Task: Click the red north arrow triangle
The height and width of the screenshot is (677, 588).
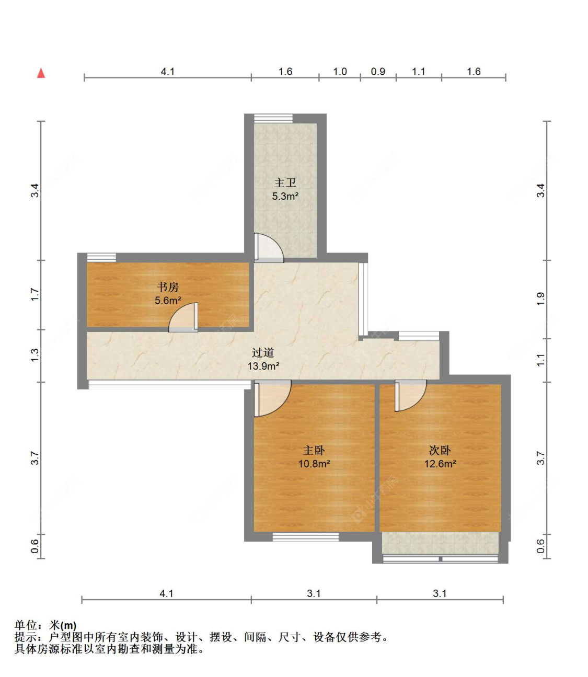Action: point(41,73)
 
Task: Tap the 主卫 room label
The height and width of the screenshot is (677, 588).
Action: point(285,182)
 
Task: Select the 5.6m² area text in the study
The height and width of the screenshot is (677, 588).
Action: point(168,301)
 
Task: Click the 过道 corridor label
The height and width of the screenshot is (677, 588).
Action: point(263,353)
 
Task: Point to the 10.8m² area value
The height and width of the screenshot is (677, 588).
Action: point(314,464)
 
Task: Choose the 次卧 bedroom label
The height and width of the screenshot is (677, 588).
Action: point(440,450)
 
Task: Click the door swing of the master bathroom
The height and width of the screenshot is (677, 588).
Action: point(269,248)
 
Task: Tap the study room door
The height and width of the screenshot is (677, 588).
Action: point(183,317)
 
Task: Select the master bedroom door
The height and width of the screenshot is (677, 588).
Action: point(272,398)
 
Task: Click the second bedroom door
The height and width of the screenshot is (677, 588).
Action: point(410,396)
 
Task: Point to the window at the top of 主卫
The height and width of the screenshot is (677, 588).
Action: point(273,119)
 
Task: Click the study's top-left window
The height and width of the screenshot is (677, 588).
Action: point(101,257)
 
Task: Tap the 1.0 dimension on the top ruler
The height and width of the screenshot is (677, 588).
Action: point(340,72)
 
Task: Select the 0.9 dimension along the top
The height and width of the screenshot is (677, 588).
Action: point(378,72)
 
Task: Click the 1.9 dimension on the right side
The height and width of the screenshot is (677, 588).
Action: point(540,299)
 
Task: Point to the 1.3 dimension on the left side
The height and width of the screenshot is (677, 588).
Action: point(34,355)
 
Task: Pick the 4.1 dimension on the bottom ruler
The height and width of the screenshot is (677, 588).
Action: point(166,593)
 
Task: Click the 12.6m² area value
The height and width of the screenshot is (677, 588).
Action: point(440,464)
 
